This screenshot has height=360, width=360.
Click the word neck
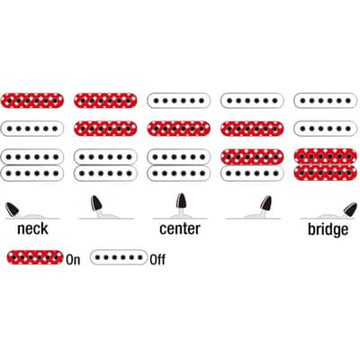32,229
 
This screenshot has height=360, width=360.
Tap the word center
180,229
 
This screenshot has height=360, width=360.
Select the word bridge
328,229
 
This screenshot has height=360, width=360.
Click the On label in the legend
73,259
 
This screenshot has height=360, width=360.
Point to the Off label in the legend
157,259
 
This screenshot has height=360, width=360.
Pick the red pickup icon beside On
35,257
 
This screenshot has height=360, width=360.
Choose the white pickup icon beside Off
119,257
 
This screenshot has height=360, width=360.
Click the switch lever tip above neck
12,209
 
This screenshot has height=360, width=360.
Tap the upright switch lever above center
181,201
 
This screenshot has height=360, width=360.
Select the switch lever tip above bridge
351,209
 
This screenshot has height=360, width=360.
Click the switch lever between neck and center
96,202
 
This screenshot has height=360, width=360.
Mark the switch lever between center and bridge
265,202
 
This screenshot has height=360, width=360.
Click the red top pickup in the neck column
32,101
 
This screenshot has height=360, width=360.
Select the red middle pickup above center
179,129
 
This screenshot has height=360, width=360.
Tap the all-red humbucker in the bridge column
326,165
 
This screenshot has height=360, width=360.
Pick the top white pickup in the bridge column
326,101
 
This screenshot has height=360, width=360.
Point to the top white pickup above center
179,101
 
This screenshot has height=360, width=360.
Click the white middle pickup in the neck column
32,129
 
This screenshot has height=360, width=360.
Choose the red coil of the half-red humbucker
252,157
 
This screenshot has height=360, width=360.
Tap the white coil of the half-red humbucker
252,173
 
